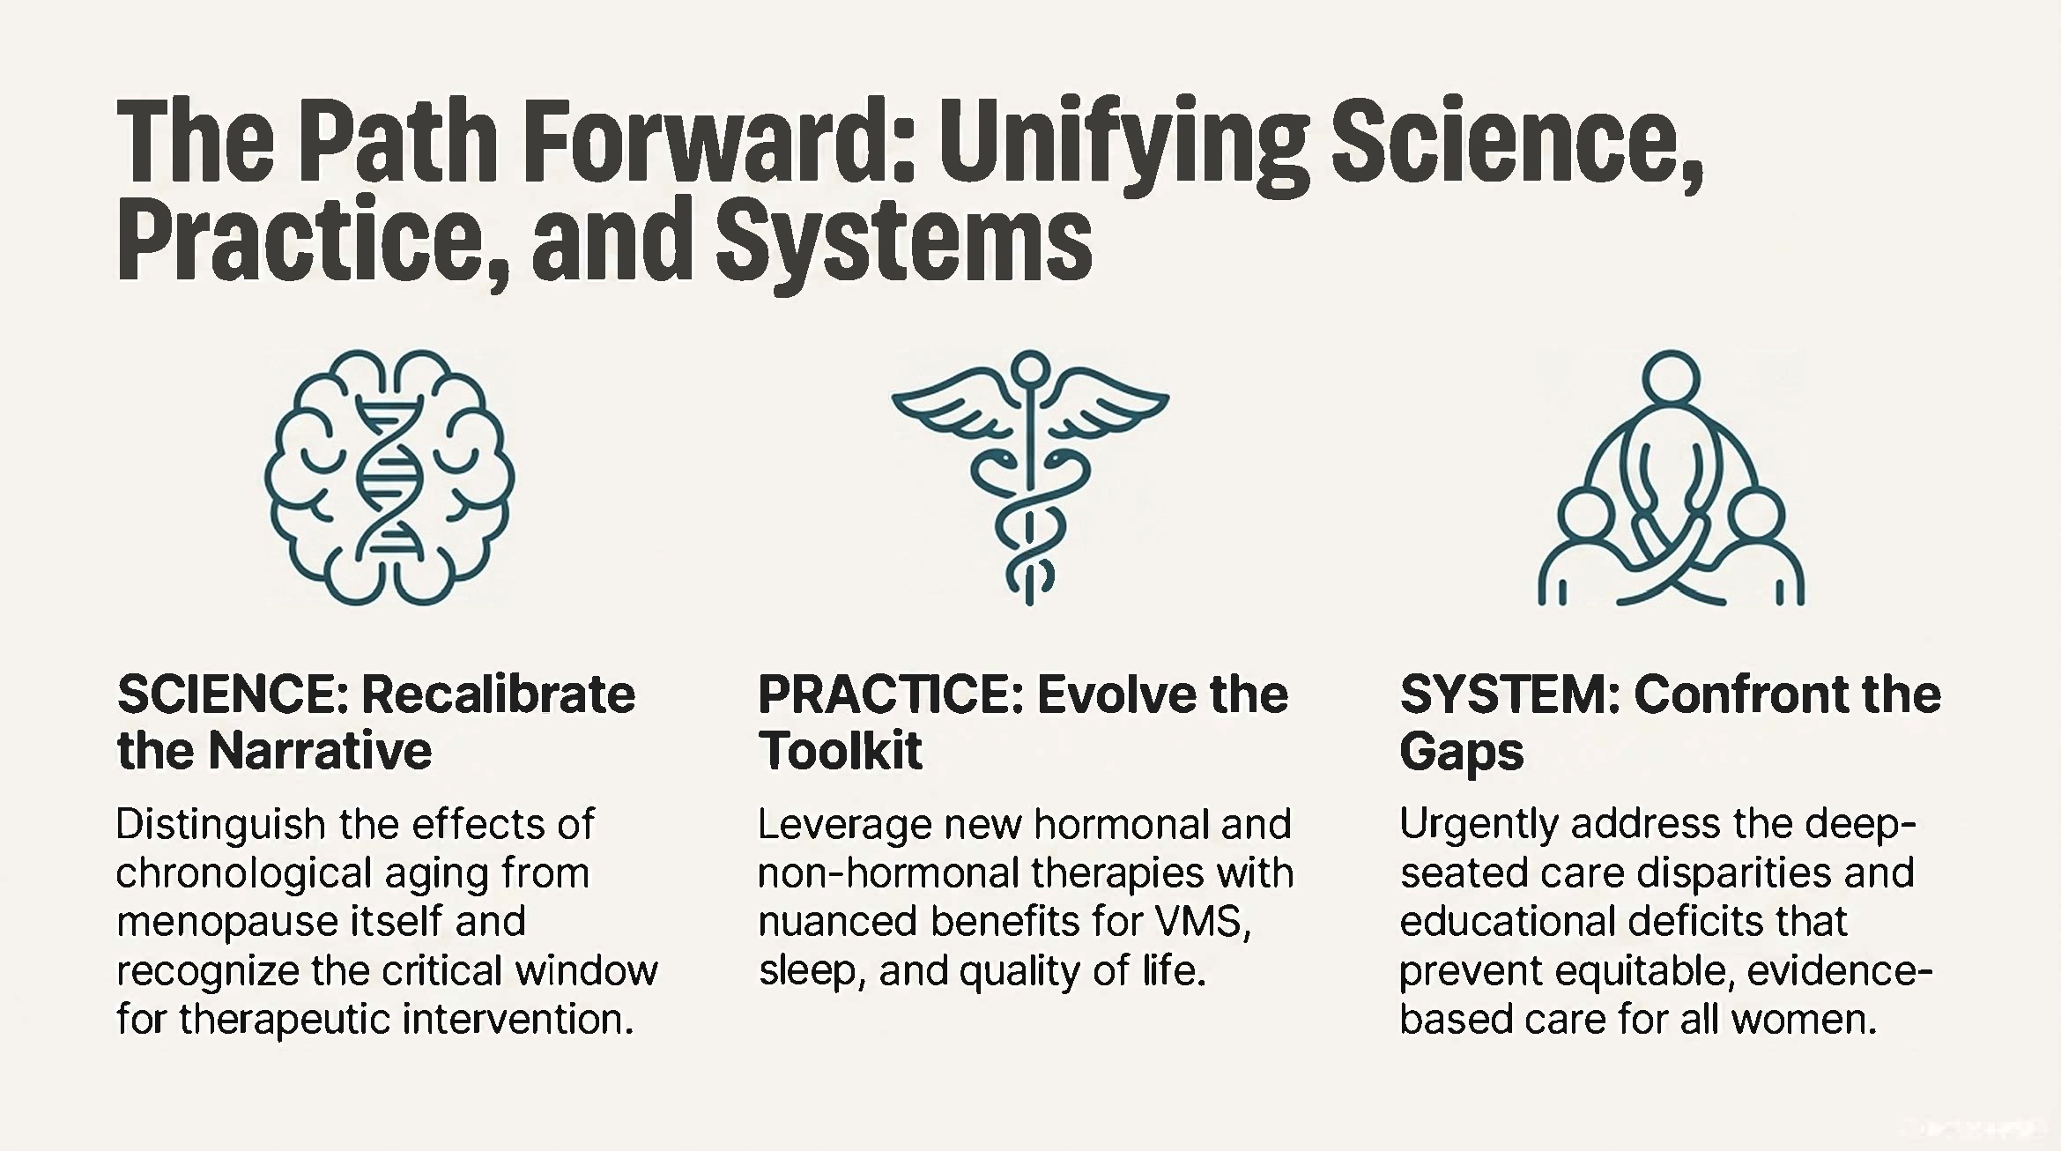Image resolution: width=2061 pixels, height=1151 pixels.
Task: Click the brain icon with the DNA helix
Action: click(x=389, y=477)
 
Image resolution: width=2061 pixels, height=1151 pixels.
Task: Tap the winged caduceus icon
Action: click(x=1029, y=477)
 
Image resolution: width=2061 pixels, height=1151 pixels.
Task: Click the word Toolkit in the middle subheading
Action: click(x=840, y=751)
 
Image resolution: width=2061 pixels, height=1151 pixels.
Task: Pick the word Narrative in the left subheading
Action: click(x=320, y=751)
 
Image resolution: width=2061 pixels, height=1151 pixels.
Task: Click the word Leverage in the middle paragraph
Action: click(x=843, y=825)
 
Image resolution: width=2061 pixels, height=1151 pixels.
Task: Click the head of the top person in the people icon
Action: click(x=1671, y=378)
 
